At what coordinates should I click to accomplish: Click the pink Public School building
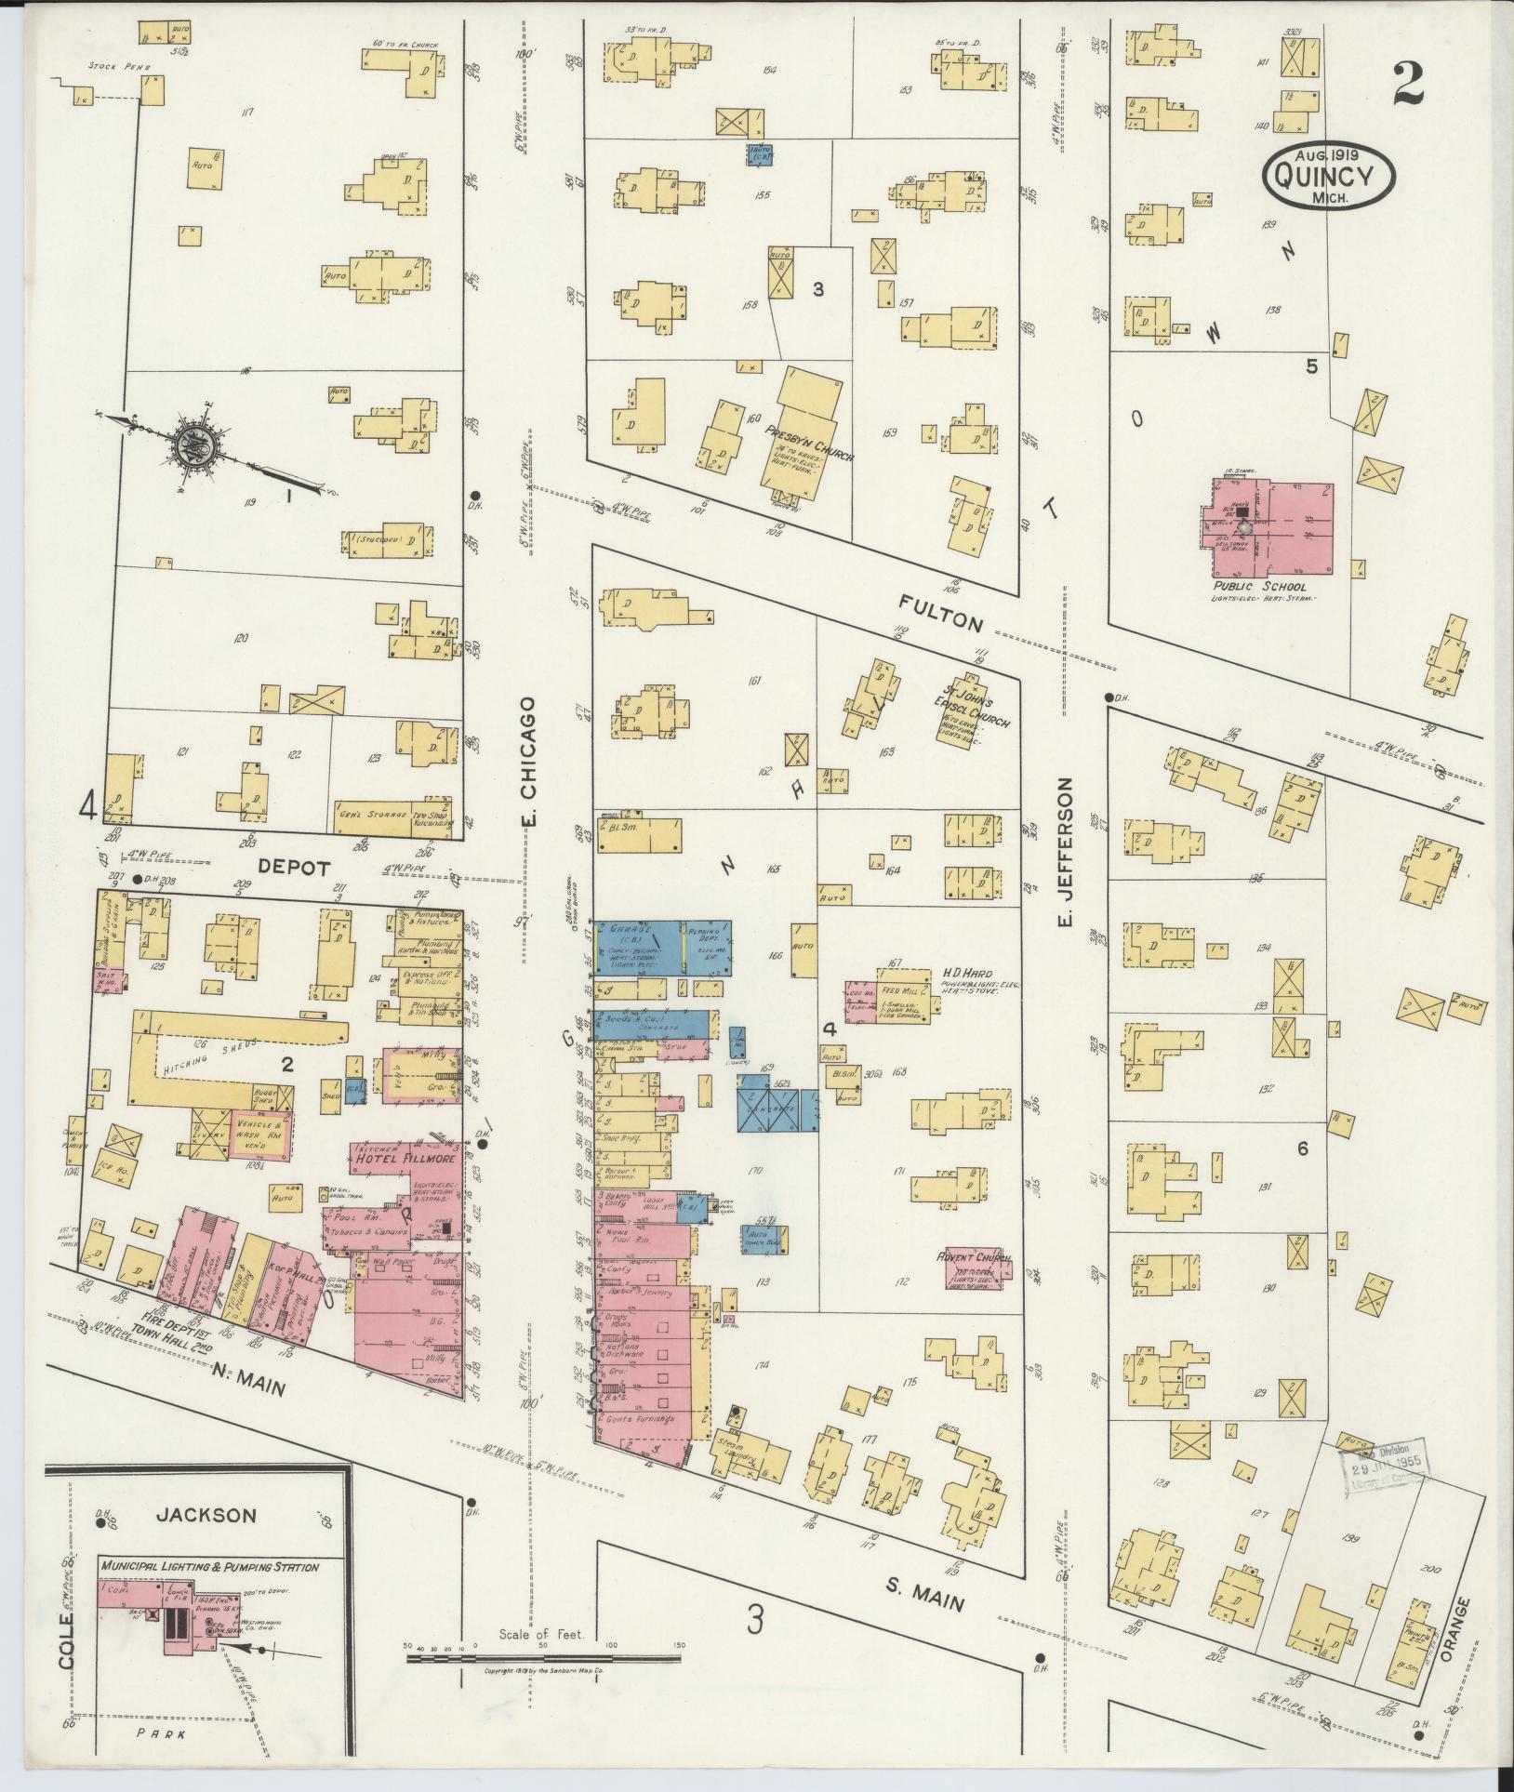click(1271, 528)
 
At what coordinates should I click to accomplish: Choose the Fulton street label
click(940, 615)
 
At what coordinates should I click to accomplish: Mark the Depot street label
click(294, 867)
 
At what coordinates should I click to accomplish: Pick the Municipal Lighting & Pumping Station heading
click(209, 1567)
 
